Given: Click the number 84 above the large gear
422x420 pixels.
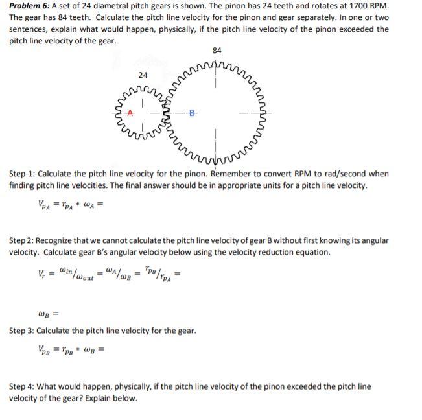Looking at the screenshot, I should point(217,51).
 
